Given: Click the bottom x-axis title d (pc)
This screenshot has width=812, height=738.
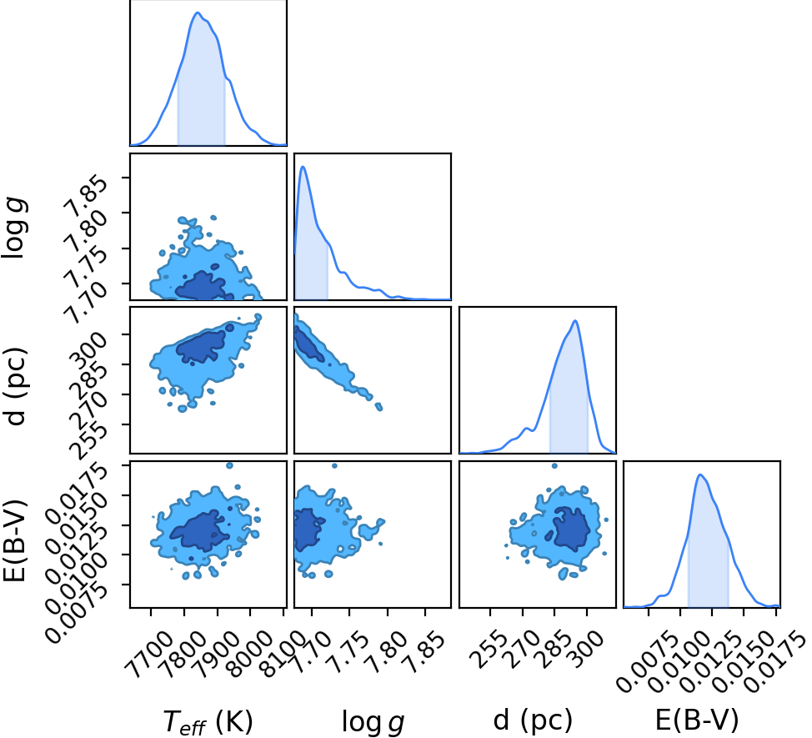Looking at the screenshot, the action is [x=533, y=720].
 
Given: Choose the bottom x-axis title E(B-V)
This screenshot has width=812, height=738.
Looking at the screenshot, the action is [x=697, y=720].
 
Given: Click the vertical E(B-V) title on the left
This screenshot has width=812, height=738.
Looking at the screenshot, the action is [x=14, y=540].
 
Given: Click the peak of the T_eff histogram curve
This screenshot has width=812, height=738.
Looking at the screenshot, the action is [x=198, y=13].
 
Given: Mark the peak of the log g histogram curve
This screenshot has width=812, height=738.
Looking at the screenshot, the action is [x=303, y=167].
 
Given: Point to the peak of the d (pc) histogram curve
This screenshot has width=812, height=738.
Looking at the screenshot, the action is [x=575, y=320].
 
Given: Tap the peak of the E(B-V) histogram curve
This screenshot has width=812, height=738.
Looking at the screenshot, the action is [x=700, y=474].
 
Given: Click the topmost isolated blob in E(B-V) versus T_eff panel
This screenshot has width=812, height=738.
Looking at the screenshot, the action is [x=229, y=465].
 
